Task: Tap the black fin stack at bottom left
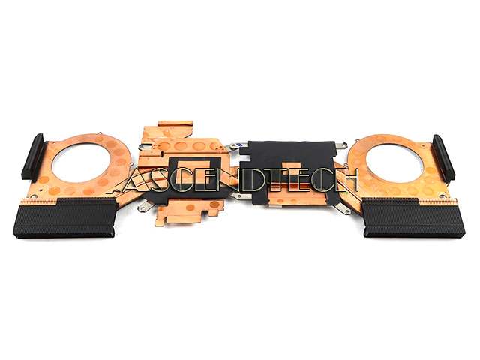pyautogui.click(x=65, y=217)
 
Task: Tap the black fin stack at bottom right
pyautogui.click(x=413, y=217)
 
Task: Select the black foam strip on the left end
pyautogui.click(x=32, y=157)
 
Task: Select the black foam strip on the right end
pyautogui.click(x=443, y=158)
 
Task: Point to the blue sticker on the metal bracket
pyautogui.click(x=240, y=145)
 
